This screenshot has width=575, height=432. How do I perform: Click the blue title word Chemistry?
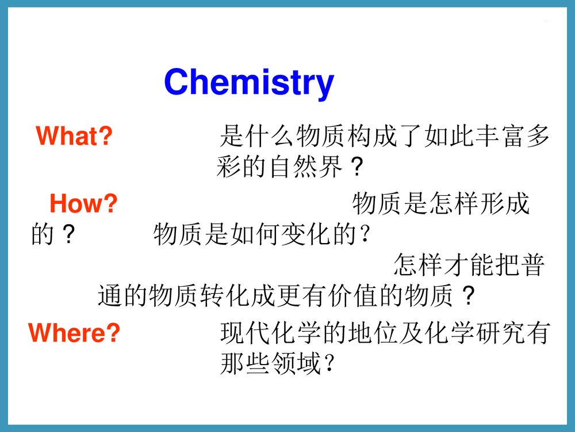(x=248, y=82)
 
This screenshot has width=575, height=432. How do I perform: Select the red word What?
(x=74, y=137)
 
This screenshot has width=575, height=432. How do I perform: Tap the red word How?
(x=83, y=203)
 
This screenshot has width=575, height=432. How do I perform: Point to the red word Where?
(x=74, y=333)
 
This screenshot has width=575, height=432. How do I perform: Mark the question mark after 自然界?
(x=357, y=168)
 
